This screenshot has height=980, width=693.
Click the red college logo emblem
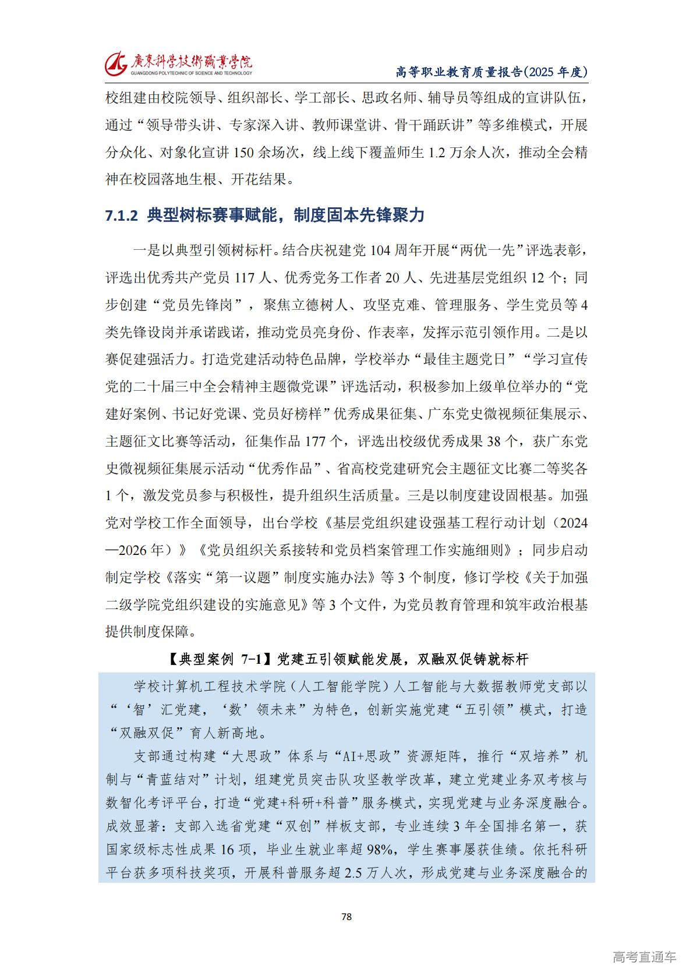click(x=116, y=62)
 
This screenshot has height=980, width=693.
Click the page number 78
click(x=346, y=917)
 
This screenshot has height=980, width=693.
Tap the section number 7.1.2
click(x=121, y=215)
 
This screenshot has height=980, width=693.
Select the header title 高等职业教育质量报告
click(x=459, y=72)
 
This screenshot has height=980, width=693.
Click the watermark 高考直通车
click(x=644, y=957)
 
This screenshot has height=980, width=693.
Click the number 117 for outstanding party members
click(x=246, y=278)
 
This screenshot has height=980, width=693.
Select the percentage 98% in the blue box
click(x=380, y=850)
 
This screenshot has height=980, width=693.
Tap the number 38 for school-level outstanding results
click(x=494, y=441)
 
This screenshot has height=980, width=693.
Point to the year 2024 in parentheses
click(x=573, y=523)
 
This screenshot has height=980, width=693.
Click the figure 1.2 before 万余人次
click(x=437, y=153)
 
